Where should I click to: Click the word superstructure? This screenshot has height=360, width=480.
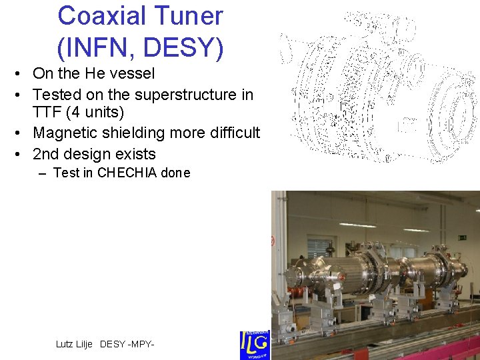click(172, 95)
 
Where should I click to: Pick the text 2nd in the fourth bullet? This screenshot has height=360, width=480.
click(47, 154)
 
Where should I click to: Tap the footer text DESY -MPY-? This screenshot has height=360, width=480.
click(127, 344)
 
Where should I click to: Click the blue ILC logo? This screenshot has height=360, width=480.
click(254, 345)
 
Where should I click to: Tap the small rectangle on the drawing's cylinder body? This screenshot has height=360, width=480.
click(406, 125)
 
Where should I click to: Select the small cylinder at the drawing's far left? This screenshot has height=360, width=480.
click(286, 47)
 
